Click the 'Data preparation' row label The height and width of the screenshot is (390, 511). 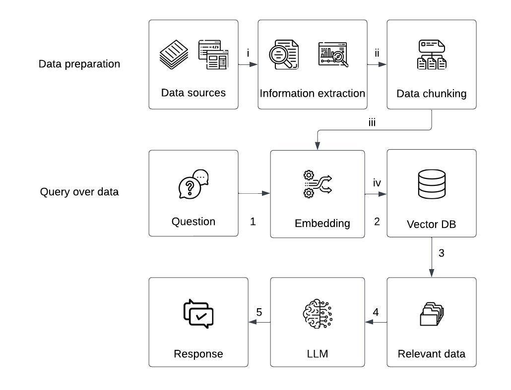[79, 64]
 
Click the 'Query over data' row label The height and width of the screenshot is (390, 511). [79, 192]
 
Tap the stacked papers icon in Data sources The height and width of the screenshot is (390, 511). [174, 55]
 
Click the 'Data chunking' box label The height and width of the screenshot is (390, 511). [431, 94]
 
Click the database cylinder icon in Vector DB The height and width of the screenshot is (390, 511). [431, 184]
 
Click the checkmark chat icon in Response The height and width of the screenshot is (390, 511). [198, 314]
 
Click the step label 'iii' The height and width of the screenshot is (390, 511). [372, 122]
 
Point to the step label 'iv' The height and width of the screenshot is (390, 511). [377, 183]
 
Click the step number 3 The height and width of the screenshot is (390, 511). [441, 253]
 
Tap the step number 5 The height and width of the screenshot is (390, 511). [259, 312]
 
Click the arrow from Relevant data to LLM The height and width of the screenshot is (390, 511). [376, 322]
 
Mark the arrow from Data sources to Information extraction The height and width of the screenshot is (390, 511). [248, 64]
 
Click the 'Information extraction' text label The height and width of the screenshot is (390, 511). [313, 93]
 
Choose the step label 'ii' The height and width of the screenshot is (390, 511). [377, 54]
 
